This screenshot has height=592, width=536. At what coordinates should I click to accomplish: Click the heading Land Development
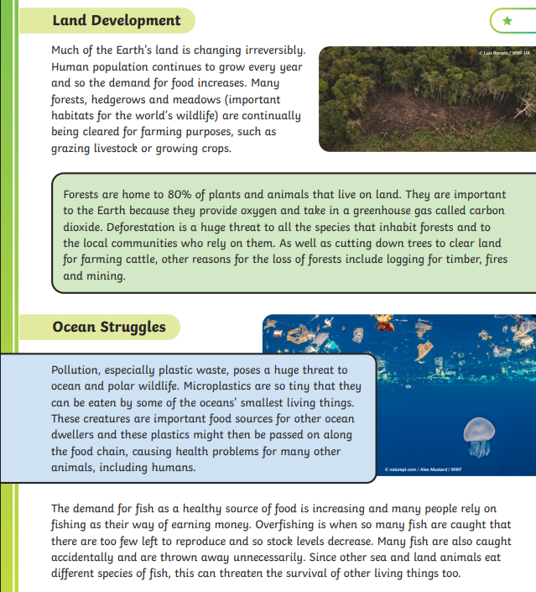tap(117, 20)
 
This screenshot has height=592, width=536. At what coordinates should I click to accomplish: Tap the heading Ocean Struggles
tap(109, 327)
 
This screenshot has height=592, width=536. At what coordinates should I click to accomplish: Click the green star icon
tap(507, 20)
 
